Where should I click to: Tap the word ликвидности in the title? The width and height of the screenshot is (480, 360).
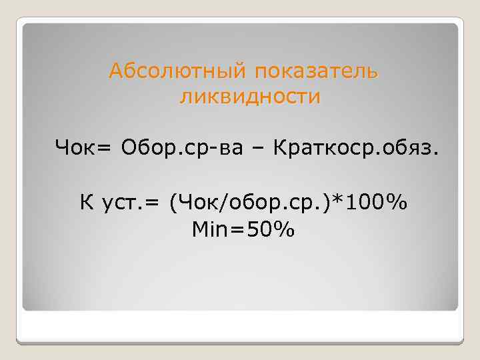click(250, 97)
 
